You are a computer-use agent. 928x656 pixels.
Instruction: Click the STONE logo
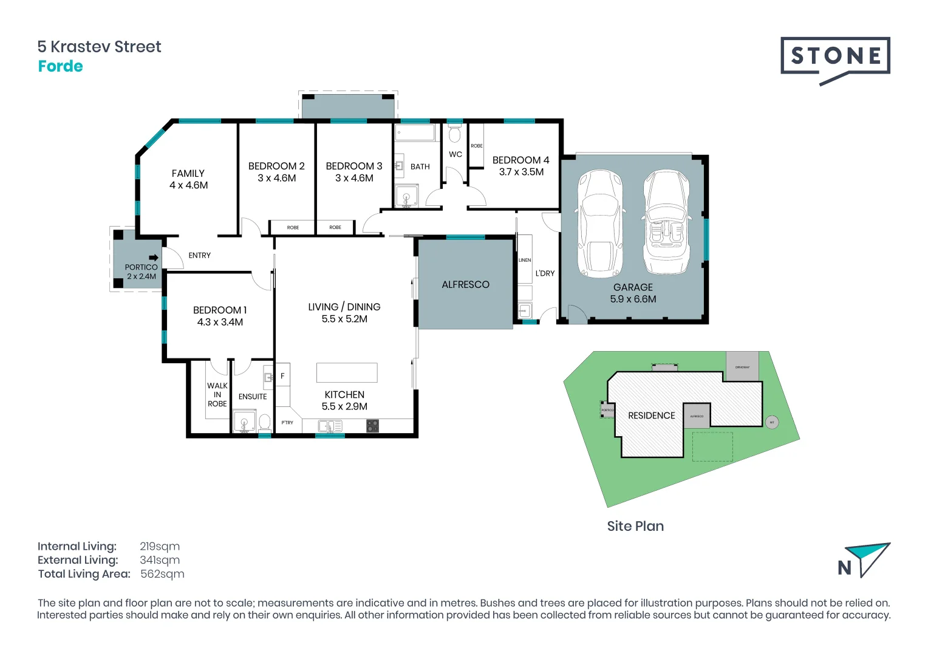[x=835, y=58]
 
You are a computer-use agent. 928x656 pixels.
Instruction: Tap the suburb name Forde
[x=60, y=66]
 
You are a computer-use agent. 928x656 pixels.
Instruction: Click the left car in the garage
[x=600, y=222]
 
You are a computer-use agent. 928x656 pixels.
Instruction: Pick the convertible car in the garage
[x=666, y=222]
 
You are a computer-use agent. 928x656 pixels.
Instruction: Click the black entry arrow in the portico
[x=154, y=258]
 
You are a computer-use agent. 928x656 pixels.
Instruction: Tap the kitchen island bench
[x=347, y=372]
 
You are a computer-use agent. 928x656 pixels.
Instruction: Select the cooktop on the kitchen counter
[x=373, y=426]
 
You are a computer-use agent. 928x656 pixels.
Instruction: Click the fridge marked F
[x=282, y=376]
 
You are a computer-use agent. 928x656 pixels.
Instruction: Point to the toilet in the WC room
[x=455, y=134]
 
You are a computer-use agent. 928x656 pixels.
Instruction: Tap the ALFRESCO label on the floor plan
[x=465, y=284]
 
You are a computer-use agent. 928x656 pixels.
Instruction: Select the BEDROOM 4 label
[x=520, y=160]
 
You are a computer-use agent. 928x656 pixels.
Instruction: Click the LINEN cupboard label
[x=525, y=260]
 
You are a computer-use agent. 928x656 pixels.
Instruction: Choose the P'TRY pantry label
[x=287, y=423]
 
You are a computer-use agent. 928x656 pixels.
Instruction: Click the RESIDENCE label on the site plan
[x=651, y=415]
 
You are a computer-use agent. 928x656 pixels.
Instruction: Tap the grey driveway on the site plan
[x=742, y=366]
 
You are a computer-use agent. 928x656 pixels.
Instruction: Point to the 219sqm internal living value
[x=160, y=546]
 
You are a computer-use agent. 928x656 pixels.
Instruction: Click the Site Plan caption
[x=635, y=526]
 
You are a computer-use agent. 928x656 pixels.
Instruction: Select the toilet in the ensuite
[x=265, y=422]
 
